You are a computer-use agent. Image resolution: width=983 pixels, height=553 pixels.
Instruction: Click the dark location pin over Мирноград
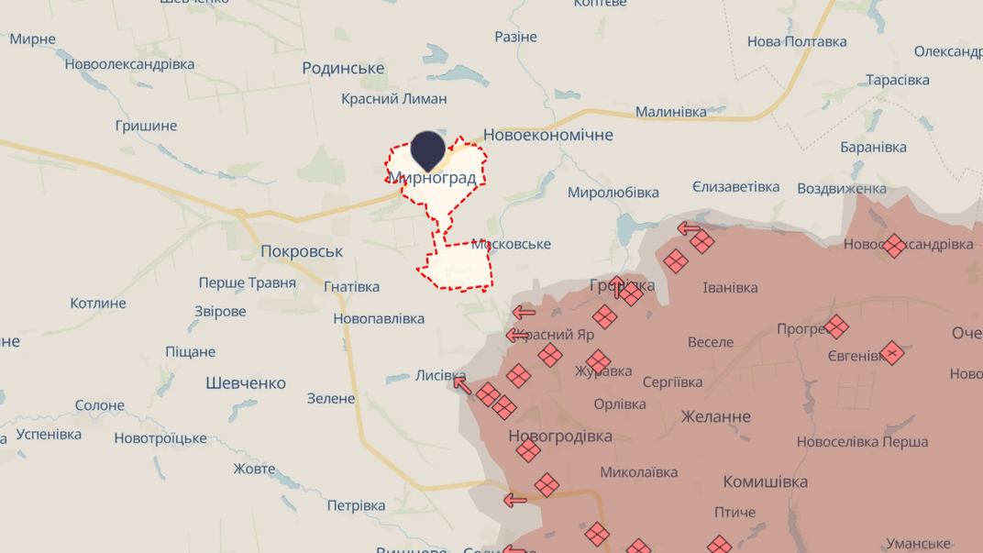click(428, 149)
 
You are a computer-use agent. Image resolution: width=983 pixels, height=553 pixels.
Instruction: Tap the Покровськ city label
click(302, 251)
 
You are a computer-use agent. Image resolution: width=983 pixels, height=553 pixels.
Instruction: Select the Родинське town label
click(343, 69)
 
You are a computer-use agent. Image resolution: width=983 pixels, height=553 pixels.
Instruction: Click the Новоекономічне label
click(547, 135)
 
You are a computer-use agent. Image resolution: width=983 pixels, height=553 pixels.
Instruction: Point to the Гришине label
click(146, 126)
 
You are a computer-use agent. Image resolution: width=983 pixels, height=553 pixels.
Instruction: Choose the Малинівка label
click(671, 112)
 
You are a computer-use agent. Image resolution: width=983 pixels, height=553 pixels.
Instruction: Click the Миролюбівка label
click(613, 193)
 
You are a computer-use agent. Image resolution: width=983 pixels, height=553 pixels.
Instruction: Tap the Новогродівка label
click(559, 437)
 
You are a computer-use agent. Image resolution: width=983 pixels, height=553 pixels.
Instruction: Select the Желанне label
click(715, 416)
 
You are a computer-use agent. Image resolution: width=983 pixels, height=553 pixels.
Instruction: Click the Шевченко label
click(246, 383)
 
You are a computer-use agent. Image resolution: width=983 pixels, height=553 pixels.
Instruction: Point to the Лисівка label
click(440, 375)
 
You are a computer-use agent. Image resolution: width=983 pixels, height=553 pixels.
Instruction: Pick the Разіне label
click(515, 38)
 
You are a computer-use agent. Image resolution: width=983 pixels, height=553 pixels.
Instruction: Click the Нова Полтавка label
click(797, 41)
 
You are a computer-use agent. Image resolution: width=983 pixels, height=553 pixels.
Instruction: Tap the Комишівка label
click(766, 481)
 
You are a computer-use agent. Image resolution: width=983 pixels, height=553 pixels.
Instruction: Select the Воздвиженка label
click(842, 188)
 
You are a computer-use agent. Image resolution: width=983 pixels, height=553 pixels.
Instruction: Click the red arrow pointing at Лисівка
click(462, 385)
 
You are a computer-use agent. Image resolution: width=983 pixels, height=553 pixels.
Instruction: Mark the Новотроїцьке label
click(160, 438)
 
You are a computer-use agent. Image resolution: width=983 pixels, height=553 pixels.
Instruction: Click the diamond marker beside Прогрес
click(835, 326)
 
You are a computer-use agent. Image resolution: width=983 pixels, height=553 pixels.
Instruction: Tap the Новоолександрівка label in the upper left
click(129, 64)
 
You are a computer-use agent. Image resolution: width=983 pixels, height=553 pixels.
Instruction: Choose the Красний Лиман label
click(394, 99)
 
